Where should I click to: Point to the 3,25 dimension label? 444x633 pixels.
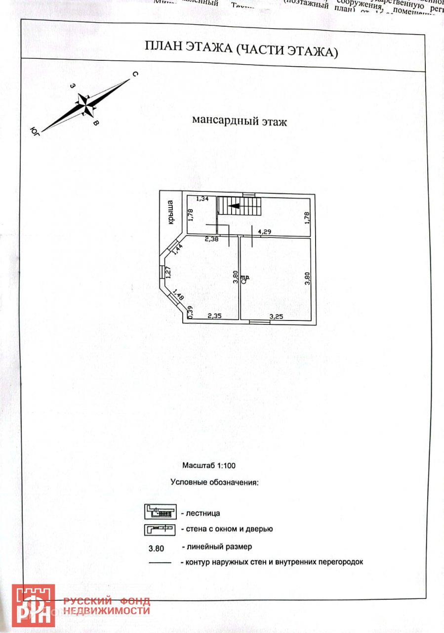[276, 316]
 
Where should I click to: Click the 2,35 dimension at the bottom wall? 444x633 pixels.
[213, 316]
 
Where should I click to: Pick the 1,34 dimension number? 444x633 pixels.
[202, 199]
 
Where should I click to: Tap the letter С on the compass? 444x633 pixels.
[135, 74]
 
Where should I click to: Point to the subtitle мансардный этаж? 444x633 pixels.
[239, 121]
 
